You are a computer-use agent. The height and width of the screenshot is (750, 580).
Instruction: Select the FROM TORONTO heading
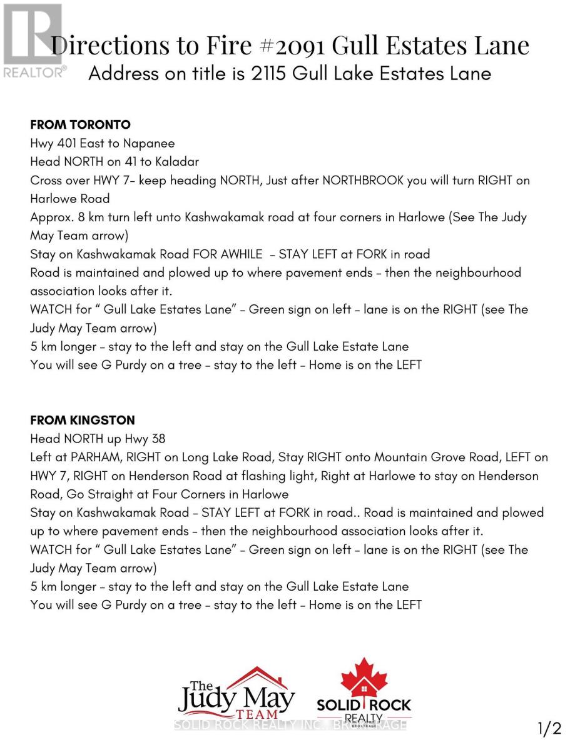(80, 125)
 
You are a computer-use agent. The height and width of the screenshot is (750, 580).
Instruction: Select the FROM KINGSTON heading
(83, 420)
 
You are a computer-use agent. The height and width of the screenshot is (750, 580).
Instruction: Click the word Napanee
(149, 144)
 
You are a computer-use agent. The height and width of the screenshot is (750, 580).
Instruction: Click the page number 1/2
(549, 728)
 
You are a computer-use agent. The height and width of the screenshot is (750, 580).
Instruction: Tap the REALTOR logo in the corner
(33, 41)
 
